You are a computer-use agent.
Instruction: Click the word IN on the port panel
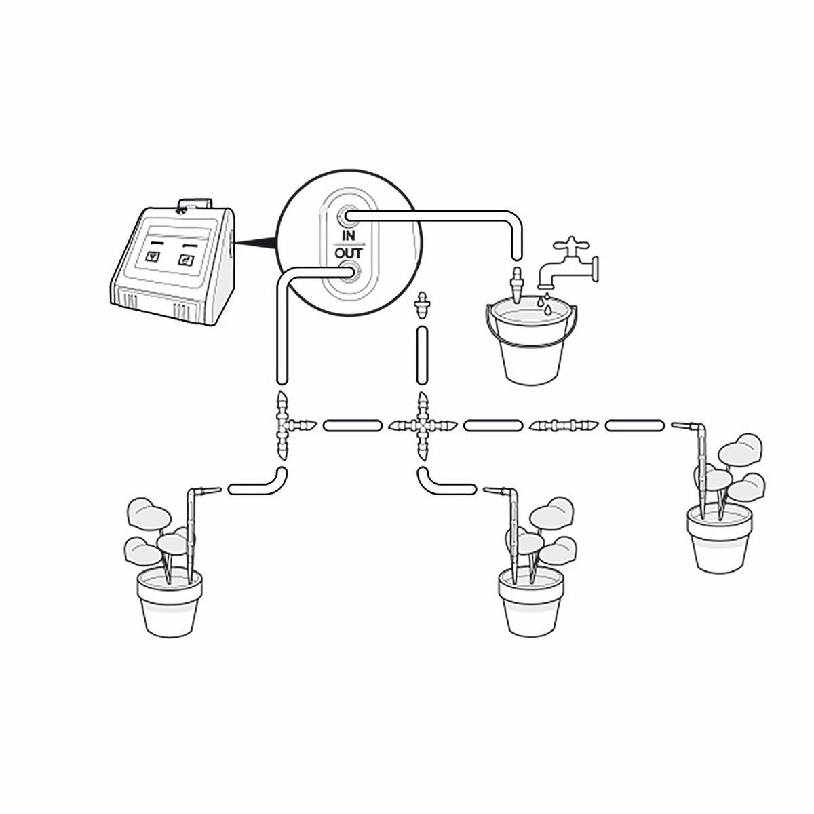(x=348, y=235)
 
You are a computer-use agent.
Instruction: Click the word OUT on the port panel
(x=349, y=254)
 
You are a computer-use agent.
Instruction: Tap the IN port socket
(x=347, y=217)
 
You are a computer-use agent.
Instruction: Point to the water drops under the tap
(x=545, y=304)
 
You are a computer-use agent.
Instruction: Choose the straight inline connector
(x=563, y=425)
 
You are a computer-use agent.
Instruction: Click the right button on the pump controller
(x=185, y=259)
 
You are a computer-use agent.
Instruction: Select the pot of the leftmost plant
(x=170, y=602)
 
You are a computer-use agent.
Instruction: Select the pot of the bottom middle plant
(x=531, y=602)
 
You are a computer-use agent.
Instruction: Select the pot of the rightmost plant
(x=720, y=538)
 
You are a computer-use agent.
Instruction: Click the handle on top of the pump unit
(x=194, y=204)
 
